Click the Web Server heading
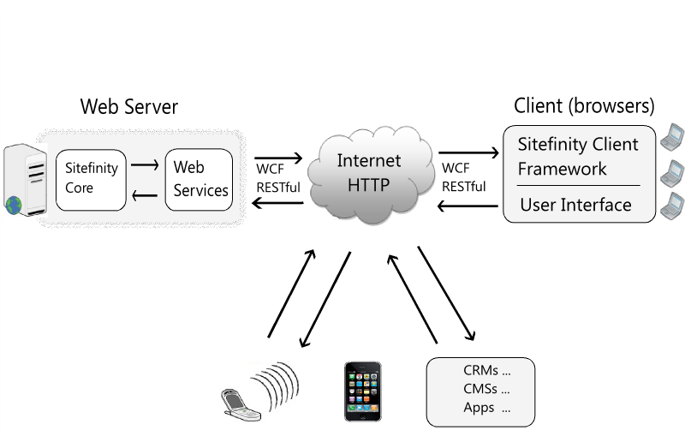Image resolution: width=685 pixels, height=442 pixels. click(129, 107)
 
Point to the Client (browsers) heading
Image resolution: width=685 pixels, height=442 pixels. click(584, 106)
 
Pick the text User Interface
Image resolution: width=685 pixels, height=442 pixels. click(575, 205)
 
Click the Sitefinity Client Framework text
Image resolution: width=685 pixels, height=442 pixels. click(578, 156)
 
